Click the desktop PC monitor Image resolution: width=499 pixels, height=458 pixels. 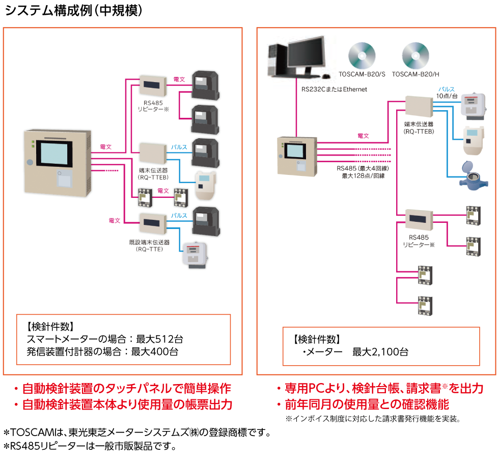(x=306, y=57)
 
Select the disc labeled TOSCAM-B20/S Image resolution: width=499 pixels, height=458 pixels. (x=362, y=55)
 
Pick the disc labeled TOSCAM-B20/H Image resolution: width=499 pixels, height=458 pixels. (x=415, y=55)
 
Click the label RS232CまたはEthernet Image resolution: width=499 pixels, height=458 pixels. (x=334, y=89)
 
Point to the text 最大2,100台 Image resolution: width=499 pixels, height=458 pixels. (x=380, y=352)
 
